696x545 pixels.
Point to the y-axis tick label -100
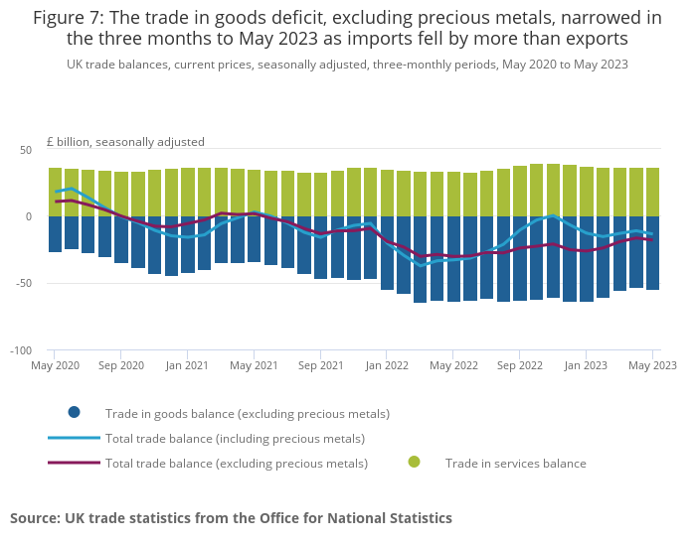click(20, 350)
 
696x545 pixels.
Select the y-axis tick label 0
click(29, 216)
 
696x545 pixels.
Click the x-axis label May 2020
click(56, 365)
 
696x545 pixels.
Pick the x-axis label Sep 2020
click(121, 365)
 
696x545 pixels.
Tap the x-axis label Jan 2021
click(187, 365)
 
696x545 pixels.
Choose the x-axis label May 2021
click(254, 365)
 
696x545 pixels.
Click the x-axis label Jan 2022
click(387, 365)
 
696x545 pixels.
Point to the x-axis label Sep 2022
click(520, 365)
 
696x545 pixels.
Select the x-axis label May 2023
click(652, 365)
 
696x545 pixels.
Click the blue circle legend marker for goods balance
click(74, 413)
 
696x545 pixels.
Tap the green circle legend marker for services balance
click(414, 462)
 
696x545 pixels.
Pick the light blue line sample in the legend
click(74, 438)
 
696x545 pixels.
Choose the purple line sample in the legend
click(74, 463)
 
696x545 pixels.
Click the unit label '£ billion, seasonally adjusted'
click(125, 142)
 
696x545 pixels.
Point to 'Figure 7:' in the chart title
click(68, 18)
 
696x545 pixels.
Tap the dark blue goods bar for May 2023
click(653, 252)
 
